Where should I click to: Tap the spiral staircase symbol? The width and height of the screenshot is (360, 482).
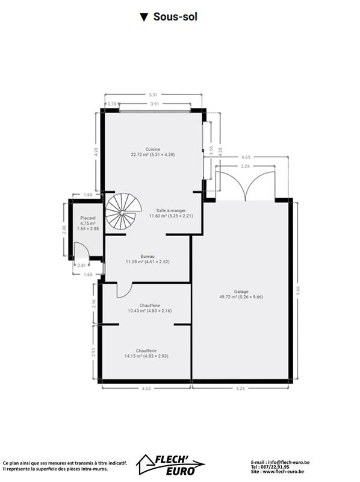pyautogui.click(x=123, y=211)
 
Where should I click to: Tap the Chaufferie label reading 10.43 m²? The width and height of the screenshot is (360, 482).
pyautogui.click(x=149, y=308)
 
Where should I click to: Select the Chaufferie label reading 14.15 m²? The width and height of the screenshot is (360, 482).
pyautogui.click(x=146, y=353)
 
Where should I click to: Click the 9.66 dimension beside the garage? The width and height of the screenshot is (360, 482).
pyautogui.click(x=297, y=290)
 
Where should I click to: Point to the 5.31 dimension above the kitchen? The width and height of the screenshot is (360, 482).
pyautogui.click(x=153, y=95)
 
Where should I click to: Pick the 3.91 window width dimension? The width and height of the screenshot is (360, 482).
pyautogui.click(x=155, y=104)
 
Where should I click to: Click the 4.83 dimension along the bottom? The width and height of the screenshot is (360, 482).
pyautogui.click(x=146, y=388)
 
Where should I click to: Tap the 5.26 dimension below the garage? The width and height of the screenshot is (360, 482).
pyautogui.click(x=241, y=388)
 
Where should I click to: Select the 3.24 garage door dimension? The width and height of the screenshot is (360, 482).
pyautogui.click(x=245, y=166)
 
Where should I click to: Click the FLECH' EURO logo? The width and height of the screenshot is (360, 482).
pyautogui.click(x=170, y=464)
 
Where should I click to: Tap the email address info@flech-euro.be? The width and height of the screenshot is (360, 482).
pyautogui.click(x=289, y=462)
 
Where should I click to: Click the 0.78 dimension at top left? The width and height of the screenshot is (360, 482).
pyautogui.click(x=112, y=104)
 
